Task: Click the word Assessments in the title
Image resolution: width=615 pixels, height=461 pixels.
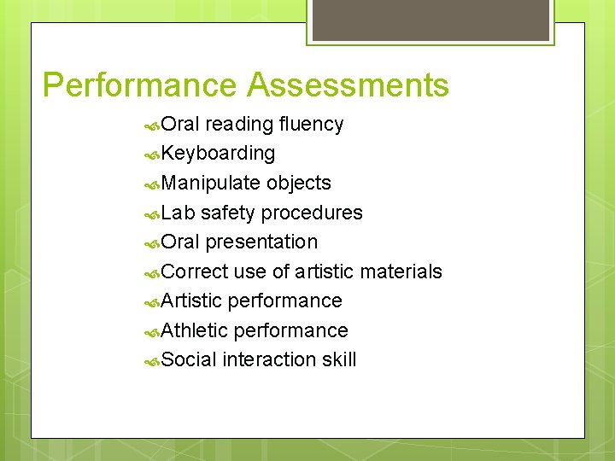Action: [348, 85]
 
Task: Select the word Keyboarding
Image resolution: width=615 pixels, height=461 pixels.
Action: [218, 154]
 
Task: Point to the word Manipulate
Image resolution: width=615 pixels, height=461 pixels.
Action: [211, 184]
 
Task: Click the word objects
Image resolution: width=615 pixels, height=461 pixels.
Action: [299, 184]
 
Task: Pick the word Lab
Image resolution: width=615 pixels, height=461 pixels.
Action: [178, 213]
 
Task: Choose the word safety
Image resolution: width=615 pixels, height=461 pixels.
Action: [228, 213]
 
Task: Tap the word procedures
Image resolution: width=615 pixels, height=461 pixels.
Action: [312, 213]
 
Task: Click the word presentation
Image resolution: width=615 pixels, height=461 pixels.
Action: [261, 242]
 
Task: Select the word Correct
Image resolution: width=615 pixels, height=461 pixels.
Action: [193, 271]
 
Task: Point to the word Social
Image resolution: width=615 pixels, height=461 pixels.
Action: [189, 359]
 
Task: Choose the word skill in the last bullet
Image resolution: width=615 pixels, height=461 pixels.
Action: [339, 359]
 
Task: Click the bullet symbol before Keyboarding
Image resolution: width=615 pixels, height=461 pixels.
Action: [152, 155]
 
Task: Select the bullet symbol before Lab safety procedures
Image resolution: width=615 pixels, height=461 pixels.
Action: [152, 214]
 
